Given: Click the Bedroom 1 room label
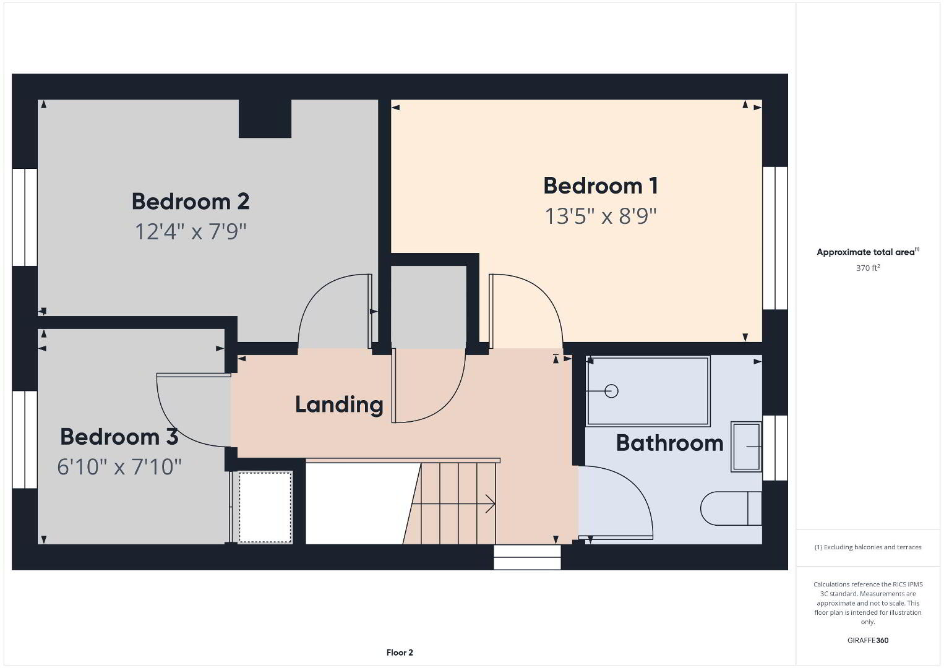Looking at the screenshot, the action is pos(601,186).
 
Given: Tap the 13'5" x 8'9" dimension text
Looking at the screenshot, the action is pos(601,216).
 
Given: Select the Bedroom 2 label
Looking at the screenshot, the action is pos(191,202).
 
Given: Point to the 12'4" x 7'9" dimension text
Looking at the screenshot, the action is pos(191,232).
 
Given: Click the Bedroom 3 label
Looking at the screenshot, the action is pos(119,437).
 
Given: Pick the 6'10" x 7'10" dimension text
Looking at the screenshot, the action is pos(119,467).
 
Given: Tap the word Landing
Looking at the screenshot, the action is pos(339,405).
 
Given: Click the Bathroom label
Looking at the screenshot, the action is pos(670,443).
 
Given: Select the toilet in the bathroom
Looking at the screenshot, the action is pos(731,508).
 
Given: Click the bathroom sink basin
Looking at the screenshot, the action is pos(746,447).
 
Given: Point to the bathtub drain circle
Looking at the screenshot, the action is pos(611,391).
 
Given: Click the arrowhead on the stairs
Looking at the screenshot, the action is pos(491,503).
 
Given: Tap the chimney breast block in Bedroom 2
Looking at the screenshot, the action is pos(265,118).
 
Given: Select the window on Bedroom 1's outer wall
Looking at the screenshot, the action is pos(776,238).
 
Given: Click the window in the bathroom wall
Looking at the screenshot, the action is pos(776,448).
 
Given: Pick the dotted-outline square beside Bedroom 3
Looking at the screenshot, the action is pos(265,507).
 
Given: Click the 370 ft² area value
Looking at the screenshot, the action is pos(868,268).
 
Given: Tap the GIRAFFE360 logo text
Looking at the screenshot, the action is pos(868,640).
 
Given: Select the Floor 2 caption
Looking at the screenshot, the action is pos(400,653).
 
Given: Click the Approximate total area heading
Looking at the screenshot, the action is pos(868,252).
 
